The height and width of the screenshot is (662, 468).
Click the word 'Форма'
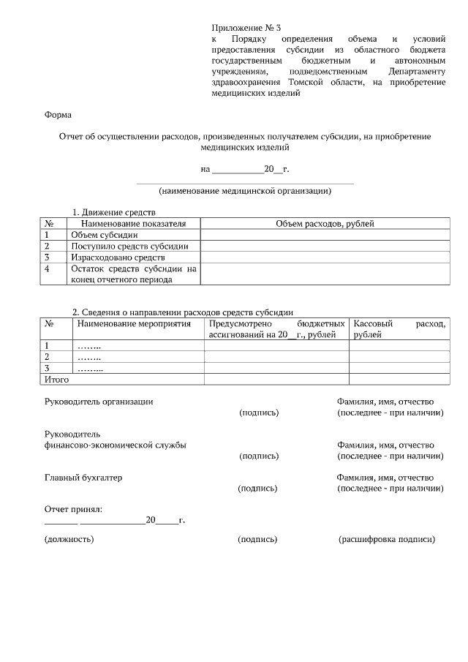click(x=58, y=115)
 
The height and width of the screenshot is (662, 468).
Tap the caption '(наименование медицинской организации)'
click(x=245, y=192)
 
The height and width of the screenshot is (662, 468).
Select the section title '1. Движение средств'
click(x=113, y=212)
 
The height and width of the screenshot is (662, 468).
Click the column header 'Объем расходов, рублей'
click(x=325, y=224)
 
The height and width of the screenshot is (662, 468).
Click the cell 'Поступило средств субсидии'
click(x=129, y=247)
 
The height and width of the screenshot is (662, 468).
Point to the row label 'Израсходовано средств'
click(x=118, y=257)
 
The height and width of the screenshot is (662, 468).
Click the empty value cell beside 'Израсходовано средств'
click(x=325, y=257)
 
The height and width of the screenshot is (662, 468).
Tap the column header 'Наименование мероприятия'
click(x=133, y=323)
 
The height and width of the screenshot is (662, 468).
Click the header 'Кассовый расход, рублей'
click(x=398, y=328)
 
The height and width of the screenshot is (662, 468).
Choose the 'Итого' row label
click(x=57, y=380)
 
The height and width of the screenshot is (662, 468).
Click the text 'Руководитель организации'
click(x=99, y=402)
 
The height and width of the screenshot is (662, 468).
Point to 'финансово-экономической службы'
click(x=115, y=445)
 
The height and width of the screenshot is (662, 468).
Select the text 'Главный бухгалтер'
click(x=83, y=478)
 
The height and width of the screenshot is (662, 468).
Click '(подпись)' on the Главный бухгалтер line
click(x=257, y=488)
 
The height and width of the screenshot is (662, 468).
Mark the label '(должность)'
click(x=69, y=540)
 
